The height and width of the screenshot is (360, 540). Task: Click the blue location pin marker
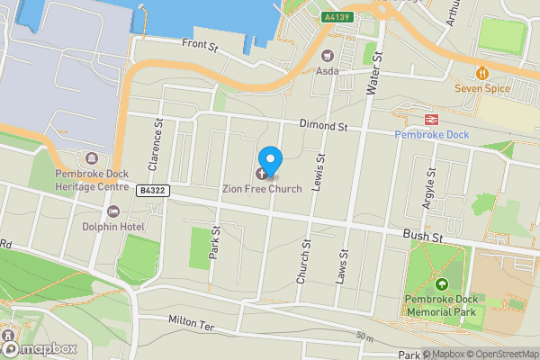coord(269,157)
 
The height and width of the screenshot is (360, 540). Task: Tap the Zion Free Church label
coord(263,189)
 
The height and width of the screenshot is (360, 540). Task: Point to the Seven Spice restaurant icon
coord(482,73)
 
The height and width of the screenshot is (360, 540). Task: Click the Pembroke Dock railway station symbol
coord(431,119)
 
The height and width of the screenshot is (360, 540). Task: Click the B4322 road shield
coord(153,190)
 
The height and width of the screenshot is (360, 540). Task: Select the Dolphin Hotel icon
coord(112,211)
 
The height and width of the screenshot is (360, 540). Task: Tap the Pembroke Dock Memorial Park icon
coord(442,285)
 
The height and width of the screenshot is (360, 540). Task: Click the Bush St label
coord(424,236)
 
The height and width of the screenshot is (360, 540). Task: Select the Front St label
coord(200,43)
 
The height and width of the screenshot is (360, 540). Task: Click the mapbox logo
coord(40,347)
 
